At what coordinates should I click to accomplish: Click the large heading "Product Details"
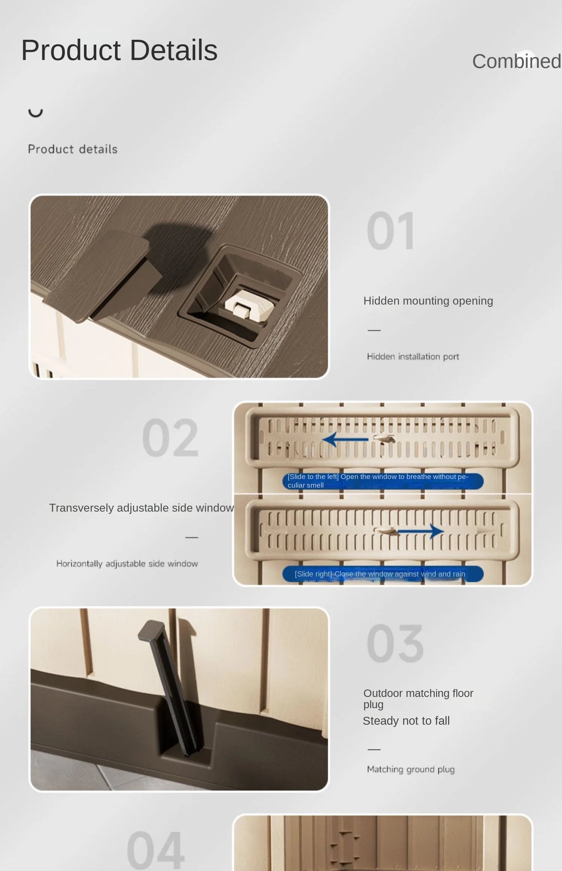[119, 51]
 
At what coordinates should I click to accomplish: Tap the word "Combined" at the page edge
[517, 62]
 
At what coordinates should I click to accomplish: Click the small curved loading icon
[35, 113]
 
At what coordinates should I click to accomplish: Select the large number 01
[391, 231]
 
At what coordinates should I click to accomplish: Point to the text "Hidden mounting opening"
[428, 301]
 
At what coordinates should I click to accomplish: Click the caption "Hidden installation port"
[413, 357]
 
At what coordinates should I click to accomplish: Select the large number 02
[170, 438]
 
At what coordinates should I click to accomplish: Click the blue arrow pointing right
[420, 531]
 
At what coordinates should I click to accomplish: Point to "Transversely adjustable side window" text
[142, 508]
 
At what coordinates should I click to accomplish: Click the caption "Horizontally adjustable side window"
[127, 564]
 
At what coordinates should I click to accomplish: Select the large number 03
[395, 643]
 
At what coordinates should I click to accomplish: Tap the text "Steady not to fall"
[406, 721]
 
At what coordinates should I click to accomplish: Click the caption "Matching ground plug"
[411, 769]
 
